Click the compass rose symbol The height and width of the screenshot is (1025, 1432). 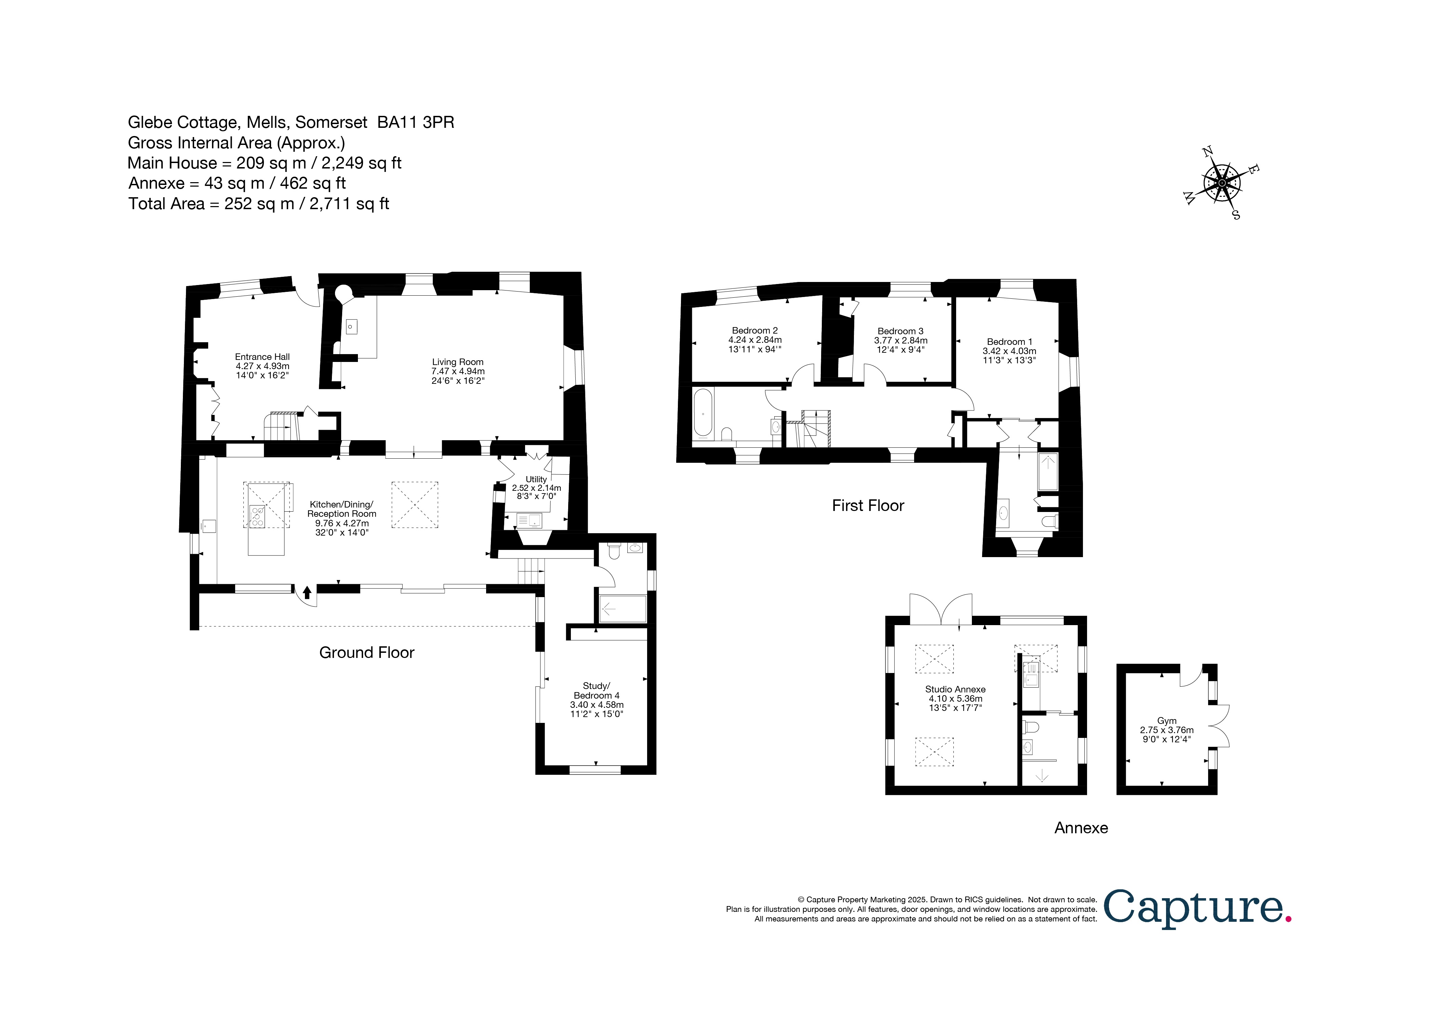tap(1221, 183)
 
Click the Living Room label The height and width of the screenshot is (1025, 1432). tap(457, 371)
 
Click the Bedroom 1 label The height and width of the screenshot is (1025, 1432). tap(1009, 351)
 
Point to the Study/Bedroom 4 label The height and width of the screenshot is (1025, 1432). tap(597, 700)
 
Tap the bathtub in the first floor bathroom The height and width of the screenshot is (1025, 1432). tap(703, 414)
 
